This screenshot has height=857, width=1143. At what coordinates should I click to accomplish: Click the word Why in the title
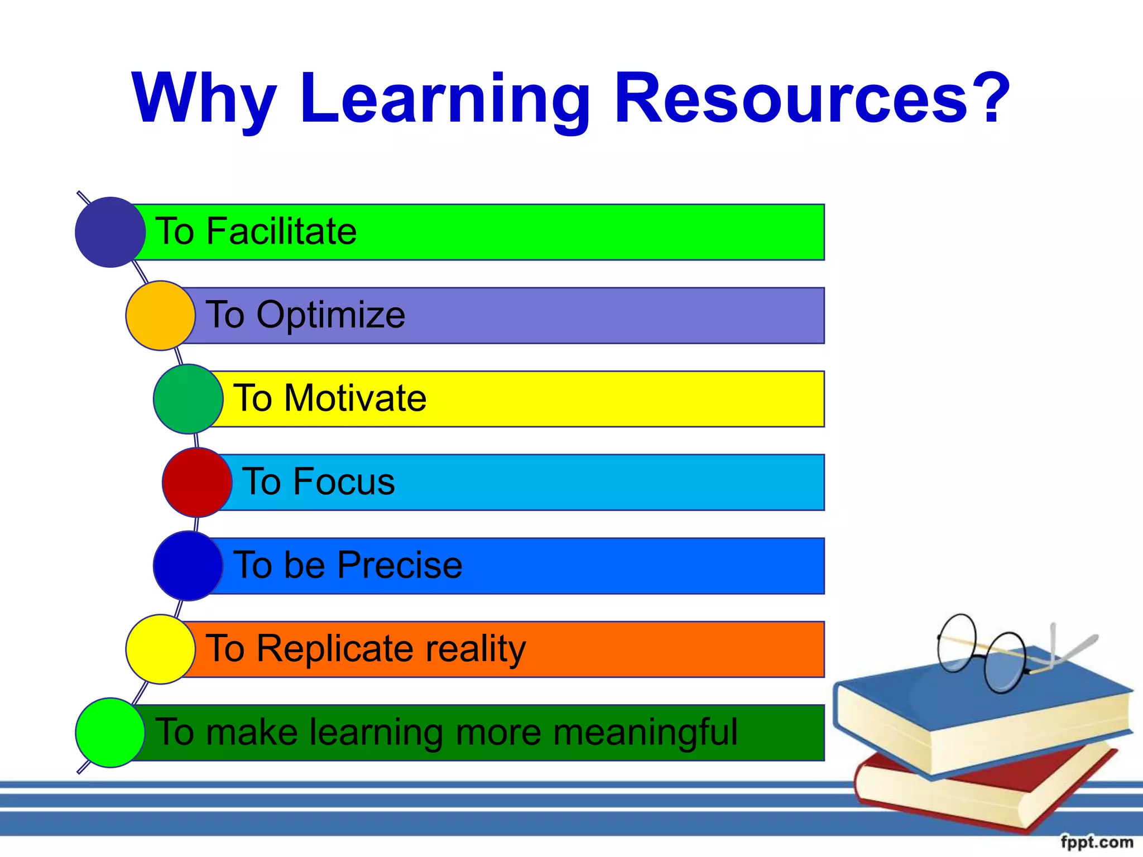(204, 99)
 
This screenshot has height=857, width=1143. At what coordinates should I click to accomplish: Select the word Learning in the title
(445, 99)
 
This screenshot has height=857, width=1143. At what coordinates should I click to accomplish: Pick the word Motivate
(355, 398)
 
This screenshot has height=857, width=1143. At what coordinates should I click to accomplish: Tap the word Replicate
(336, 649)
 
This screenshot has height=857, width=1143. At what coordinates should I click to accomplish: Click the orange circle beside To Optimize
(160, 316)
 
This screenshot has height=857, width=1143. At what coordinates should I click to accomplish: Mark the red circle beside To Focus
(197, 483)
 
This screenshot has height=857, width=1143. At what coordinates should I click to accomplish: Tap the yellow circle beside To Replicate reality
(160, 649)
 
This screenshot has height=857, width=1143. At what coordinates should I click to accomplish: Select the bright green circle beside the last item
(110, 733)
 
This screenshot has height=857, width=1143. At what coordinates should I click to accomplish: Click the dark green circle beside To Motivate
(188, 399)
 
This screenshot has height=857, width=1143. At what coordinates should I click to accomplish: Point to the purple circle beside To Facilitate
(110, 232)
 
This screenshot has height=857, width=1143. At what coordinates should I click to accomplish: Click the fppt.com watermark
(1096, 841)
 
